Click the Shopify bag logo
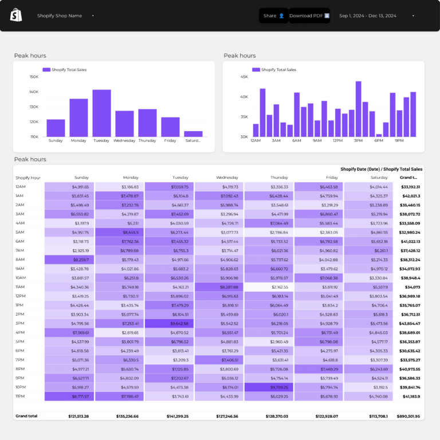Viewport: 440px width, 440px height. point(16,15)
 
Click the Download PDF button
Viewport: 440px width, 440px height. point(309,15)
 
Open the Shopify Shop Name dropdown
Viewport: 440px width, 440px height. point(65,16)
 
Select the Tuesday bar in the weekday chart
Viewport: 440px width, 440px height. point(101,113)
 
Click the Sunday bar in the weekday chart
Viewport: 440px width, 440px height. point(56,128)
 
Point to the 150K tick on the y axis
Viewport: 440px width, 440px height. point(33,77)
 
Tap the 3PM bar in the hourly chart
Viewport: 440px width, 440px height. point(358,109)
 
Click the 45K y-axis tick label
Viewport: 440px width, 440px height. point(244,77)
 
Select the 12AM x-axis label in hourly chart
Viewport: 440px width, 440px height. point(256,140)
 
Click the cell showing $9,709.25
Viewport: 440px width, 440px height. point(269,387)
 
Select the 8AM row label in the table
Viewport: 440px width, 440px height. point(20,260)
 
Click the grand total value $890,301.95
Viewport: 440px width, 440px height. point(409,416)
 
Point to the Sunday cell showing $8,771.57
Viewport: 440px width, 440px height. point(69,396)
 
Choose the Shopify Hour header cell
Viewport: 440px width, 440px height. point(28,178)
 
